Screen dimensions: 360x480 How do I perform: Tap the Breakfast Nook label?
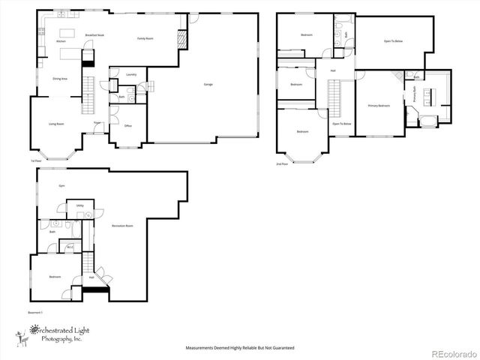94,36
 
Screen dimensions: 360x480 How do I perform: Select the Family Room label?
145,37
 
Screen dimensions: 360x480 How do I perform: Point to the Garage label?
208,84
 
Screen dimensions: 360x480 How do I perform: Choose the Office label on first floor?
127,125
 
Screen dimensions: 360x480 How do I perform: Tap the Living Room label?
55,124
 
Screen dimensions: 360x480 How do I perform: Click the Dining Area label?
60,78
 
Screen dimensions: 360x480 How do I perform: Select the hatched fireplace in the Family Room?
181,39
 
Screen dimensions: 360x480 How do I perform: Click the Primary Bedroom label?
379,106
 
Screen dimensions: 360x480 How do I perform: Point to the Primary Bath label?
414,94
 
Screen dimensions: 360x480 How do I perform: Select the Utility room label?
79,205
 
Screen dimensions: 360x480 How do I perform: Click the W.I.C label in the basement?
70,247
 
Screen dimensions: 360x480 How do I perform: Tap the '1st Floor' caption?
35,160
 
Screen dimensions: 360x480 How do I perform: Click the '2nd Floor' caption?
282,164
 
